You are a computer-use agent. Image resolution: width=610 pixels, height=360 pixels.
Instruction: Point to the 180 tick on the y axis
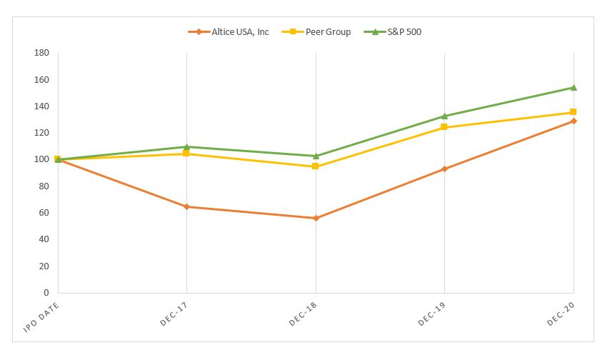41,53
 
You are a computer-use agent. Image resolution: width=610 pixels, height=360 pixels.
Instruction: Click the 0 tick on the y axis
46,293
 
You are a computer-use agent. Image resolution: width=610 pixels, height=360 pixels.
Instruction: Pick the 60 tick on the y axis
44,213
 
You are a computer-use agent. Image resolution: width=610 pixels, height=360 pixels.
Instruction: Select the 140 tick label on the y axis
41,106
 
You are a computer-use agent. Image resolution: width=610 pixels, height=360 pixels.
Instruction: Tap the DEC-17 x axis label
173,312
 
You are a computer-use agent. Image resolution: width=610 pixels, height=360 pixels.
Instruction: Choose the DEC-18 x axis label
302,312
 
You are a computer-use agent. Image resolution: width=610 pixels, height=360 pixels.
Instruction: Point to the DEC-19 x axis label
431,312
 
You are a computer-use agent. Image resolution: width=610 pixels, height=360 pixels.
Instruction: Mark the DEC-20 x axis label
560,312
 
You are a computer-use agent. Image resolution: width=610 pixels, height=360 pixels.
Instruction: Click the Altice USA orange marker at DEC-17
186,206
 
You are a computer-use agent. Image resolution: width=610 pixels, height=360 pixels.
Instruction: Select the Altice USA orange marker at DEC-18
316,218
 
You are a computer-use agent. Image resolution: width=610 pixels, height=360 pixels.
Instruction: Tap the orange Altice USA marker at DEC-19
444,169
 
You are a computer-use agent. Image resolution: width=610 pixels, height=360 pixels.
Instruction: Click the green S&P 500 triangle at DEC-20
574,87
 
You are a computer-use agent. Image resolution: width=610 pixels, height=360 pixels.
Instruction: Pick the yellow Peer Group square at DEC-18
316,166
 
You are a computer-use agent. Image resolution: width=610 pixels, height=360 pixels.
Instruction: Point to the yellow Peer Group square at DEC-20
574,112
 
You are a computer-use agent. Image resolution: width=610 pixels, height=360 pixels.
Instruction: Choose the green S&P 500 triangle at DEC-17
186,146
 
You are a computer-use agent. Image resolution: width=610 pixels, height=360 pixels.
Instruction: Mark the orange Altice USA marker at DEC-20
574,121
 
